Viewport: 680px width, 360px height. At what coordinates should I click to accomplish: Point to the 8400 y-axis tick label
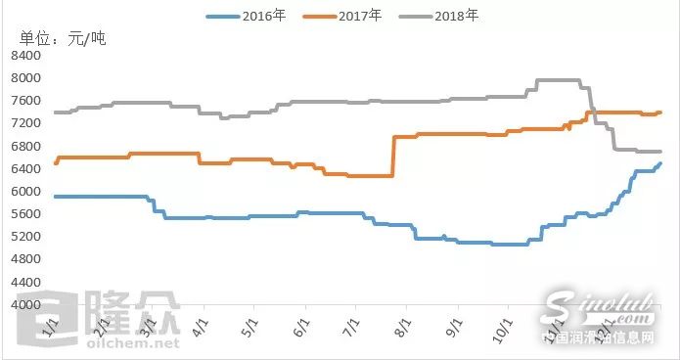(25, 56)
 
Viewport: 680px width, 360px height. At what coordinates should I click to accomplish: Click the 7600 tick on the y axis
(25, 101)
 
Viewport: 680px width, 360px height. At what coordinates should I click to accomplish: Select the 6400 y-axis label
(25, 168)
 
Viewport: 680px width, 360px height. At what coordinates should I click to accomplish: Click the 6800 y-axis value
(25, 146)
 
